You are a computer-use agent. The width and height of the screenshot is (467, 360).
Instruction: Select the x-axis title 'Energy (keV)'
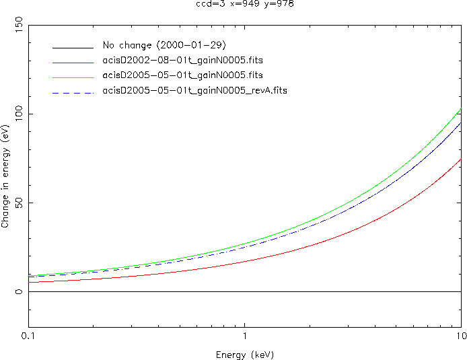[244, 354]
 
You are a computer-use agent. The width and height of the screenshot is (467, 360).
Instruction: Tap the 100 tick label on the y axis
[16, 114]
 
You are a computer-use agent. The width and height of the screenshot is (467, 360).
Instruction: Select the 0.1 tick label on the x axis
[28, 334]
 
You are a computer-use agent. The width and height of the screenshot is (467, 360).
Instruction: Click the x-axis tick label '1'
[244, 334]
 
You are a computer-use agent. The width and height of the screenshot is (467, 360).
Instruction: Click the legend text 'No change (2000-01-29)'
[159, 46]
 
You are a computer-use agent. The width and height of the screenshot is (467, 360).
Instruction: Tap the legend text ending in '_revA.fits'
[194, 90]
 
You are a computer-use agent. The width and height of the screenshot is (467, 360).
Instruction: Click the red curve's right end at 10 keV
[460, 159]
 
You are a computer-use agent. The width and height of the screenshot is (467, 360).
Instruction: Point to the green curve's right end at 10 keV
[460, 109]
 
